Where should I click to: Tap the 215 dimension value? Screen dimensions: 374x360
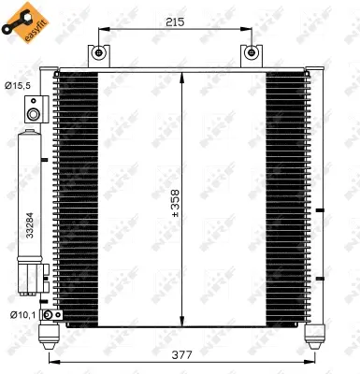[175, 20]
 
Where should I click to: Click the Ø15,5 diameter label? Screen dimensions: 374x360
[18, 86]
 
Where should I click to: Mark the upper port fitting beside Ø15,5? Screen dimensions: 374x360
[35, 115]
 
